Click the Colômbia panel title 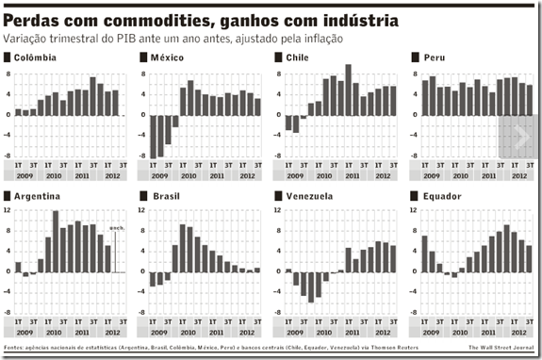tap(36, 58)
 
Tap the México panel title tap(171, 58)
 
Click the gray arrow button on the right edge tap(517, 138)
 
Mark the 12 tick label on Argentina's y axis tap(8, 210)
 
